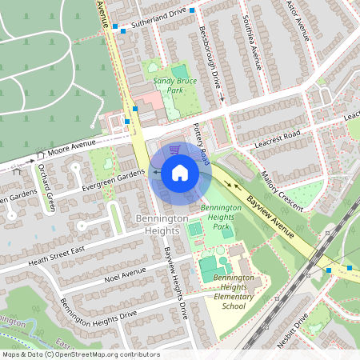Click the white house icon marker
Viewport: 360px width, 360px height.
coord(179,173)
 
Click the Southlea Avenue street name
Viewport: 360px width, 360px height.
coord(252,46)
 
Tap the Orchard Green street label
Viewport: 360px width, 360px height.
coord(45,185)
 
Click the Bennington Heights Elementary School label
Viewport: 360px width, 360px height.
coord(234,291)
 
